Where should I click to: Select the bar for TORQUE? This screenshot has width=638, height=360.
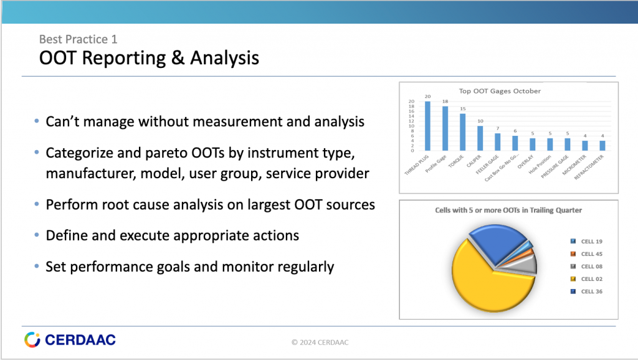tap(462, 132)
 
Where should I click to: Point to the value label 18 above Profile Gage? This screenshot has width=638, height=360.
tap(445, 101)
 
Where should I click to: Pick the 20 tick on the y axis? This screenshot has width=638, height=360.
tap(411, 102)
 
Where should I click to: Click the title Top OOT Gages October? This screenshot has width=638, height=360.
tap(500, 91)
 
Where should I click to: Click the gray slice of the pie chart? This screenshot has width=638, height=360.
tap(527, 264)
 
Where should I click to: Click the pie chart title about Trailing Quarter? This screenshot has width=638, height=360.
tap(508, 211)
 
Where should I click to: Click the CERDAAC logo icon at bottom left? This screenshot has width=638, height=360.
tap(32, 339)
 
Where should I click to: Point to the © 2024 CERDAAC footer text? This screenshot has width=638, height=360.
tap(324, 342)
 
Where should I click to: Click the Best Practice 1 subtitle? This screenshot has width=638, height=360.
tap(78, 39)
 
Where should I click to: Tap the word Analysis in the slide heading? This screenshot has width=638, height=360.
tap(224, 59)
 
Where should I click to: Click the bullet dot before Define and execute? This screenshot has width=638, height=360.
tap(37, 236)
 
